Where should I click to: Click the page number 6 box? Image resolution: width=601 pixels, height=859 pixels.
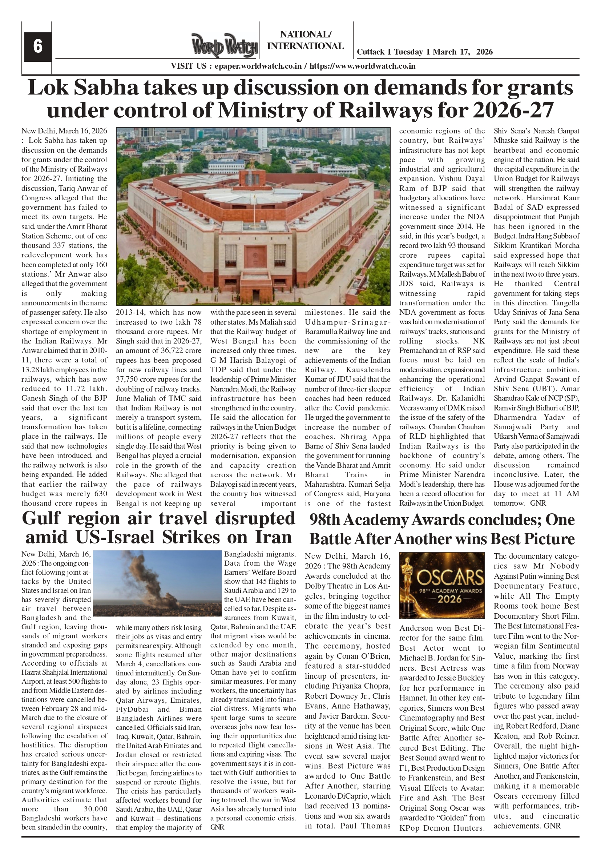[37, 47]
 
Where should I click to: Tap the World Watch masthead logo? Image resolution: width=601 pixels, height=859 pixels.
[225, 46]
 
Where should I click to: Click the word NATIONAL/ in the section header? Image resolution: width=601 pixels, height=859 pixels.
[306, 35]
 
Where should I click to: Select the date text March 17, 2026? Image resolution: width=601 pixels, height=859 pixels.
[463, 52]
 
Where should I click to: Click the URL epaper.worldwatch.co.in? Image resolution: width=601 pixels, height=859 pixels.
[258, 66]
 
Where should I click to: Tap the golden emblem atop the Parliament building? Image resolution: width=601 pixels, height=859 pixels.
[252, 164]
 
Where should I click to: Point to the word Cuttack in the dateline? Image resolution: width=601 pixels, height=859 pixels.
[371, 52]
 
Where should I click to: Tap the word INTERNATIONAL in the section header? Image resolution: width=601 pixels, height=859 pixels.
[306, 46]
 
